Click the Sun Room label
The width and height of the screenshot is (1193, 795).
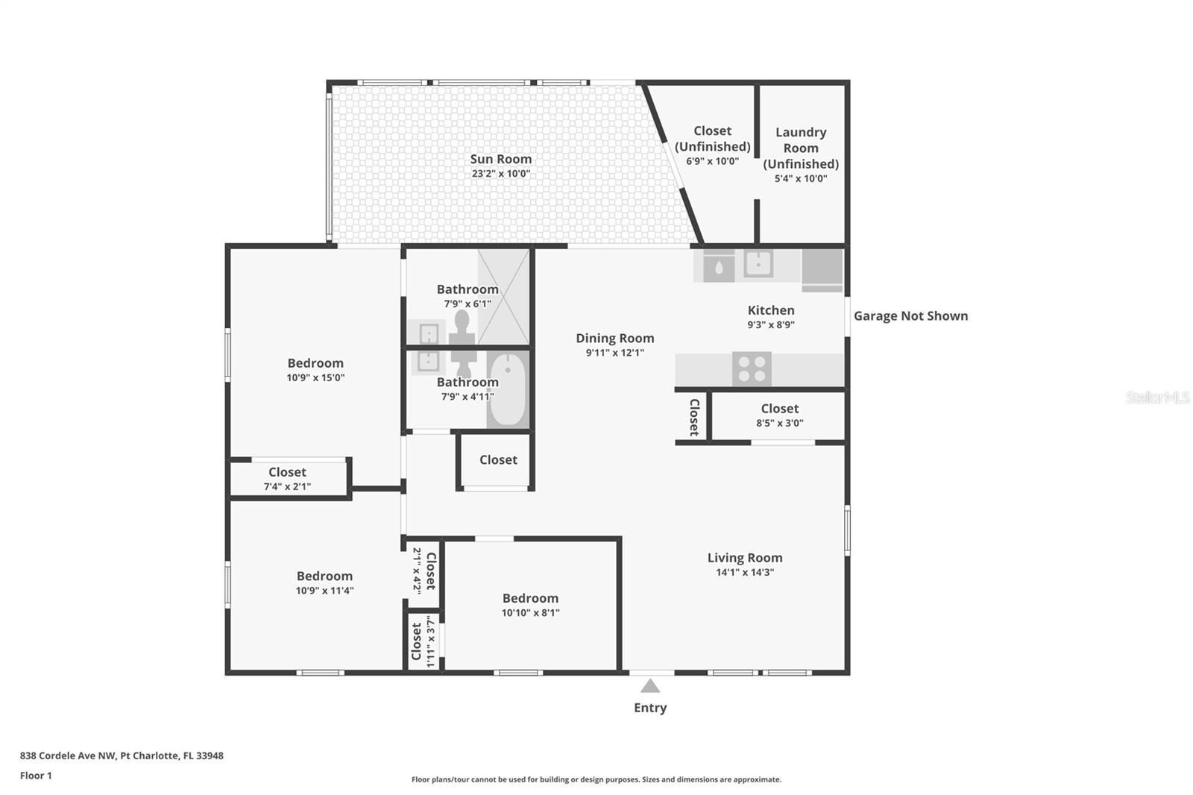click(500, 159)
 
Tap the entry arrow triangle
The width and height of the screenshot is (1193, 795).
click(650, 686)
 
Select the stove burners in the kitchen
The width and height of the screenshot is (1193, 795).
click(751, 368)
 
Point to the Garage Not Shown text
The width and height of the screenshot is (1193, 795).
click(910, 315)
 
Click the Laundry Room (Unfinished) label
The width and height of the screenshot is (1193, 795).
click(801, 148)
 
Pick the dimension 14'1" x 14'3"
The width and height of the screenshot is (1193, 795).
click(745, 573)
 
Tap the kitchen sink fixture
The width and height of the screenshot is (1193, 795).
click(758, 263)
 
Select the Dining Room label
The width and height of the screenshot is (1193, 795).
click(614, 338)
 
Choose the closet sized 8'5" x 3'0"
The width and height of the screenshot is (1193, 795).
click(779, 415)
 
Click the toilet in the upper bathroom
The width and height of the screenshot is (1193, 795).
click(462, 326)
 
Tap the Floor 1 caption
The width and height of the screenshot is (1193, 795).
click(36, 776)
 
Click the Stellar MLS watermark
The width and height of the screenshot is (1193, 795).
click(1157, 397)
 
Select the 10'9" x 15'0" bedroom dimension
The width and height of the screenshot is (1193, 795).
click(315, 378)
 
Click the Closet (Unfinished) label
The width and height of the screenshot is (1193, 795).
click(712, 139)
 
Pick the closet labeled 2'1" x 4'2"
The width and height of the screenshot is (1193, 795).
click(424, 571)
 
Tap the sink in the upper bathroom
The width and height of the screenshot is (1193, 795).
click(428, 333)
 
